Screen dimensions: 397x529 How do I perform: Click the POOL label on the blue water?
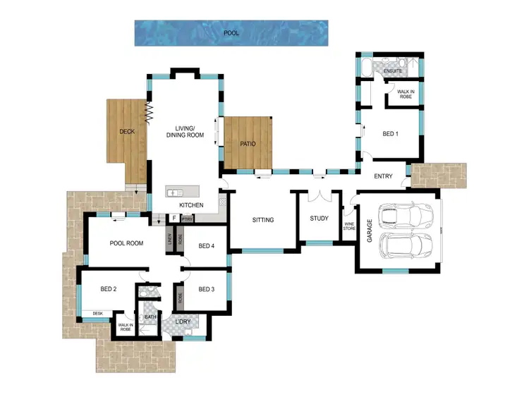point(231,33)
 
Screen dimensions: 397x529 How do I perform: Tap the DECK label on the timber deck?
point(127,132)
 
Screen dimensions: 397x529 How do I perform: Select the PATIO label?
point(247,144)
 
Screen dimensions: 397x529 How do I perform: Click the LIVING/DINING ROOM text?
point(185,131)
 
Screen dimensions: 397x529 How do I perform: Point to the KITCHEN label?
point(191,205)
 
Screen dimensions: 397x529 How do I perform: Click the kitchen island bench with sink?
point(183,192)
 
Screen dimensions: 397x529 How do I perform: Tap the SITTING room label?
point(263,220)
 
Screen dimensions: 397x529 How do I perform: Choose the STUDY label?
point(319,218)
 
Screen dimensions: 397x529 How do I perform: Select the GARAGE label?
point(369,231)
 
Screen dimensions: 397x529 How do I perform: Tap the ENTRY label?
point(383,176)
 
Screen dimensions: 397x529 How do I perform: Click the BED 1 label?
point(390,133)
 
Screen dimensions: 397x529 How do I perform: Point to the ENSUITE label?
point(393,72)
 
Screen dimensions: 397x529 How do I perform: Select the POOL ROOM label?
point(127,243)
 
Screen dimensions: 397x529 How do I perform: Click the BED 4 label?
point(206,246)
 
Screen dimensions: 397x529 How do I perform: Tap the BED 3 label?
point(206,289)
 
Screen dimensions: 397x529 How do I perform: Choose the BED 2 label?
point(108,289)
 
